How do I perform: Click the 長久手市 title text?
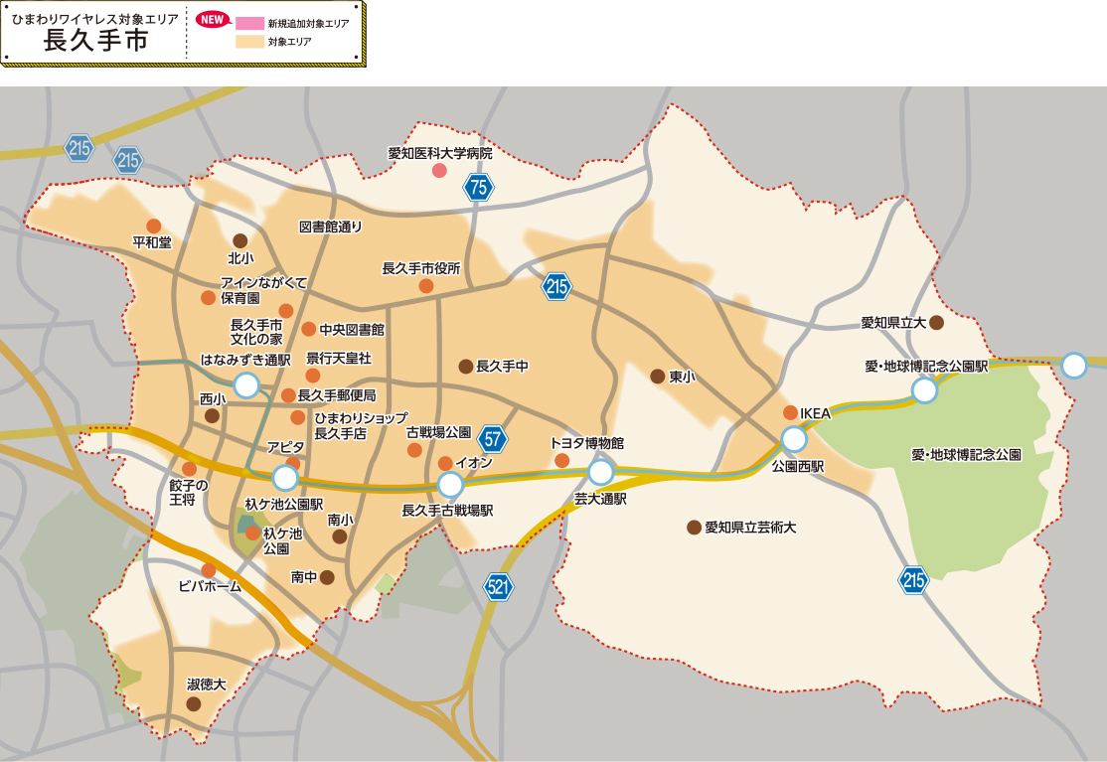pos(95,41)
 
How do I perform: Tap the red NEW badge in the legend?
pos(212,20)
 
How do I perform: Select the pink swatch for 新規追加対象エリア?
pos(249,23)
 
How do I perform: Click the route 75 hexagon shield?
pos(478,187)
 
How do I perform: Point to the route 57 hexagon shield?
pos(492,438)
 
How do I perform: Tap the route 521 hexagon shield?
pos(499,587)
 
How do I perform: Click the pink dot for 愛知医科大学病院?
pos(439,171)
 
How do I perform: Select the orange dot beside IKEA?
pos(790,412)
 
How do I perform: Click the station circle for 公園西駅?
pos(794,439)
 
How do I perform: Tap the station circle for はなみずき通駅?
pos(245,385)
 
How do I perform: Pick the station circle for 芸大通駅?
pos(601,472)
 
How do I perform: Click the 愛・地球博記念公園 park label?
pos(966,454)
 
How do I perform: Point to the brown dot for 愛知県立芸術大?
pos(694,528)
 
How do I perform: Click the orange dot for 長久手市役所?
pos(425,286)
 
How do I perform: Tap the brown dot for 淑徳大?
pos(194,703)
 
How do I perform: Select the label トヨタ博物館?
pos(586,442)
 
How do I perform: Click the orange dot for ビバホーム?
pos(209,569)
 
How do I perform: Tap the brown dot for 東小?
pos(658,377)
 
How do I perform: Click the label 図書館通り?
pos(331,227)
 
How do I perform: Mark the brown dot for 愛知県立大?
pos(936,322)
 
